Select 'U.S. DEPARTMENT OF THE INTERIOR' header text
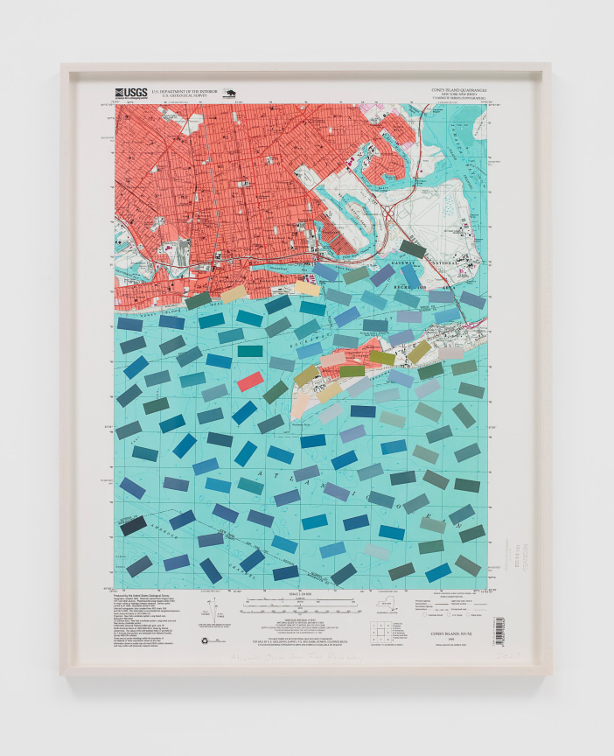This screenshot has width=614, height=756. [185, 89]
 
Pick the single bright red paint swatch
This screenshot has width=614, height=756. [249, 381]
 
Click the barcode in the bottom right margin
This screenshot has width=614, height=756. [499, 627]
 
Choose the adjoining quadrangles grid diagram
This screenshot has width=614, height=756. [377, 626]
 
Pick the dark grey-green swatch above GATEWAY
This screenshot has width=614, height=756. [413, 249]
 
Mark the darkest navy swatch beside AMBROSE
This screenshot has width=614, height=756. [134, 526]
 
